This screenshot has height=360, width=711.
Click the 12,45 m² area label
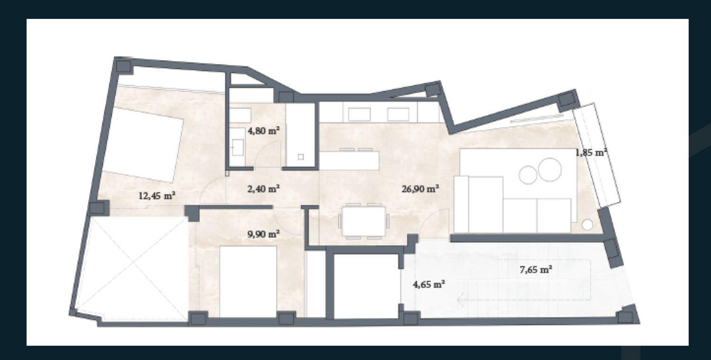pos(157,196)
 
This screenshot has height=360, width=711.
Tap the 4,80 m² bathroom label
pos(264,130)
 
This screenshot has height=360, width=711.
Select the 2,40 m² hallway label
pos(264,189)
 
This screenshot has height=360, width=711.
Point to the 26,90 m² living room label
pos(420,189)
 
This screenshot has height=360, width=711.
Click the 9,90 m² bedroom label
pos(264,234)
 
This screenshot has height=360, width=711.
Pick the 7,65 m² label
pos(536,270)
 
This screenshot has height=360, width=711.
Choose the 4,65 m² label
pos(428,285)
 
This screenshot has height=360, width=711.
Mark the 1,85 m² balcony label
pos(592,153)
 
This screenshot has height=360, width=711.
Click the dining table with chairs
pos(364,221)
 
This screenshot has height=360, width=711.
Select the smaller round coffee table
pos(528,175)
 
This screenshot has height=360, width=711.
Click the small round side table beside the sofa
pos(587,225)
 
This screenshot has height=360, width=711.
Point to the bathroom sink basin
pos(237,148)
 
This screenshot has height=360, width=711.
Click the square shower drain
pos(301,157)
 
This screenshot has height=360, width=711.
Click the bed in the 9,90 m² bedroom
pos(248,282)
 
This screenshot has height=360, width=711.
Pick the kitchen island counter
pos(349,160)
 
